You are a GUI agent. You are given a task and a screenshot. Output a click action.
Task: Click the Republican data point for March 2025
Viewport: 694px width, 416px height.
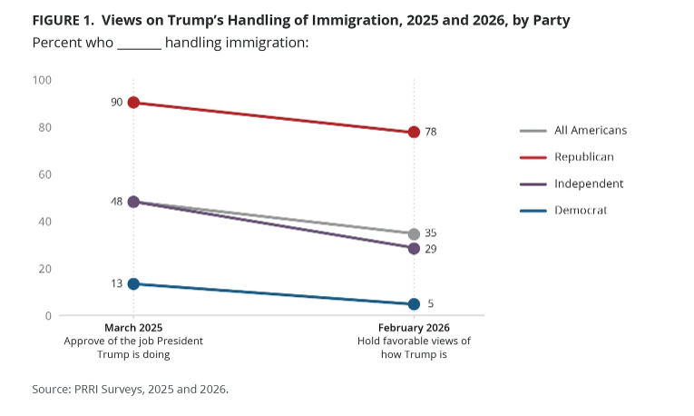[133, 103]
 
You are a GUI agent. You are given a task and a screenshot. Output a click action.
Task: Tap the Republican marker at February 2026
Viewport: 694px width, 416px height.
[414, 132]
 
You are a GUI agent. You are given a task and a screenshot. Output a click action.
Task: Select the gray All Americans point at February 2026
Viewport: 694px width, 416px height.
[414, 233]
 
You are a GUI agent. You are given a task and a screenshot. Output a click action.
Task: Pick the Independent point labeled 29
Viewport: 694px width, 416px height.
[414, 248]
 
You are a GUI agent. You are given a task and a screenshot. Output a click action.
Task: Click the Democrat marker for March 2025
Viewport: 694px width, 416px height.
[133, 284]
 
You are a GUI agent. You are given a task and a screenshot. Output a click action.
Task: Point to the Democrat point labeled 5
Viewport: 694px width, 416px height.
[414, 303]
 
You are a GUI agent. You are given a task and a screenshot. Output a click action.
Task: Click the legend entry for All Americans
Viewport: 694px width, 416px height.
[590, 130]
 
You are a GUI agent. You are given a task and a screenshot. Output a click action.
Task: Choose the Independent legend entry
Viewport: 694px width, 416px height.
[589, 183]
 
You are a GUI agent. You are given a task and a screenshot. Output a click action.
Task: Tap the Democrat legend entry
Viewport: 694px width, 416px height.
[581, 210]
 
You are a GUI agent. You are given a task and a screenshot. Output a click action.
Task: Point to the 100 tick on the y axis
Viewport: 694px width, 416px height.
[43, 81]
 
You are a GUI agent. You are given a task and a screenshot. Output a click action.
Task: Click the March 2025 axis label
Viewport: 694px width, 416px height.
[133, 328]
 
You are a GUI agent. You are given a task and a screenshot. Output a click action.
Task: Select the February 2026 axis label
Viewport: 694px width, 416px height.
[414, 328]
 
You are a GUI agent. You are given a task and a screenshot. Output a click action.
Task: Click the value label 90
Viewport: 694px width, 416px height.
[116, 103]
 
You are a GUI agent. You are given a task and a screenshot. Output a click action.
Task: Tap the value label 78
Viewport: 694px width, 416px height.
[431, 132]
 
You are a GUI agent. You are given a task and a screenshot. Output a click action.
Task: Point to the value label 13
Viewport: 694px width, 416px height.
[116, 283]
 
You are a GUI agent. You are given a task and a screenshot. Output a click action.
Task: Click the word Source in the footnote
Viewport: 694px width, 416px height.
[52, 389]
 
